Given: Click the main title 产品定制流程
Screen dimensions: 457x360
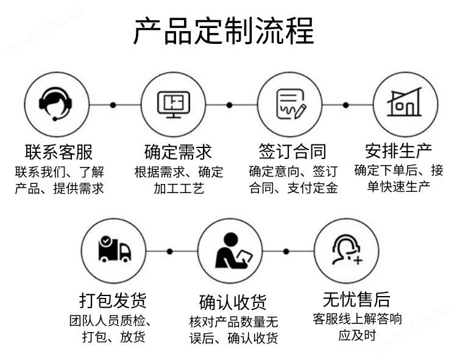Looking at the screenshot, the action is [x=224, y=30].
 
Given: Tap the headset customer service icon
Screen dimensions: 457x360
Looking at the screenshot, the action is [x=55, y=104].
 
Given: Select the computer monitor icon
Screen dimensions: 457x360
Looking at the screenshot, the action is [x=174, y=104].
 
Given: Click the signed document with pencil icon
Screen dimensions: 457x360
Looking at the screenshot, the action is [x=291, y=104].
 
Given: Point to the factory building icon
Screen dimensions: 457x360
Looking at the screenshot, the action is [x=405, y=102].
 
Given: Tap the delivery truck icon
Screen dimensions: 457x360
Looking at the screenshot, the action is [x=115, y=249].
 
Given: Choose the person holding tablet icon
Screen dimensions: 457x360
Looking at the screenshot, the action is [x=233, y=250].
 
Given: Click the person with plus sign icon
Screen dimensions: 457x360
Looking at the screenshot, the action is [x=347, y=250].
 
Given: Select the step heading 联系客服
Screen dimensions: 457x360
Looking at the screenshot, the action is [x=58, y=152].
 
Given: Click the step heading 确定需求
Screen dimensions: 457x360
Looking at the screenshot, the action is [x=178, y=152].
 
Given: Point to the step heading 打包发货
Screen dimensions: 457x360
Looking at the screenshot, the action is [x=113, y=300].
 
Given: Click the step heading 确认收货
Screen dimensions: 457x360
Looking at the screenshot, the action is [x=233, y=302].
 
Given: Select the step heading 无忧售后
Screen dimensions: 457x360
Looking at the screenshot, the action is [x=356, y=299].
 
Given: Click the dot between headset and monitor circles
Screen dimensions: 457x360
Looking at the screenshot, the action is [x=113, y=105].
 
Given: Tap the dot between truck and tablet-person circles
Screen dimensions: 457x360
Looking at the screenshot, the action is [x=169, y=251].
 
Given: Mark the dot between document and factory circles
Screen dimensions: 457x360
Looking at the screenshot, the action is [x=345, y=105].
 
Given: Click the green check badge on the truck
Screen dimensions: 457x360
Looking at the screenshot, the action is [x=105, y=241].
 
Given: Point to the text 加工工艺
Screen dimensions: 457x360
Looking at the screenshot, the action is [x=179, y=188].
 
